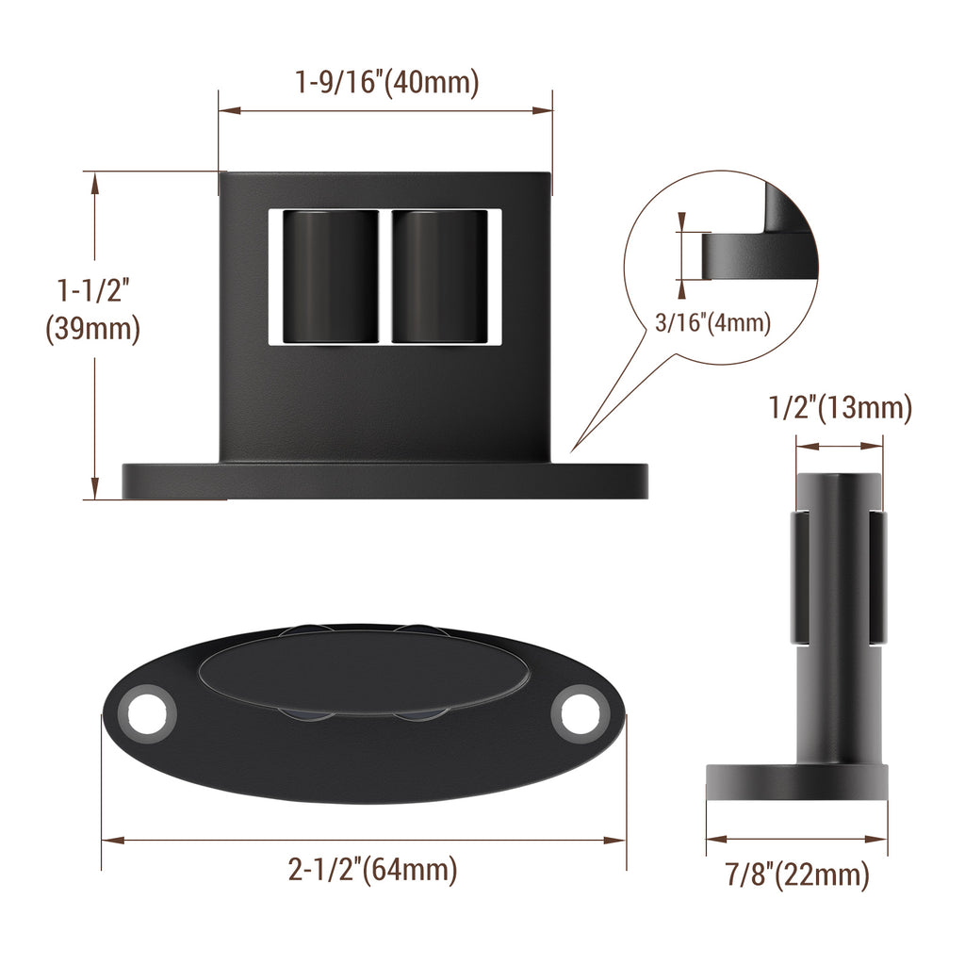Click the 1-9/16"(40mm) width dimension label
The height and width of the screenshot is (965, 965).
click(387, 83)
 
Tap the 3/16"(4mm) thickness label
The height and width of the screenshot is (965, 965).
click(713, 323)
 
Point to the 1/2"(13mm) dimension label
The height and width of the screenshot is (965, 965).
click(841, 408)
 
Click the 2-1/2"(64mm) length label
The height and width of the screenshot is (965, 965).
click(373, 869)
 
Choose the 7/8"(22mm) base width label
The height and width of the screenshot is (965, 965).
click(797, 875)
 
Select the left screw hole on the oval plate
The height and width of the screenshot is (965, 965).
click(147, 712)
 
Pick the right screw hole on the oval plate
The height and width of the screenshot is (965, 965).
click(579, 713)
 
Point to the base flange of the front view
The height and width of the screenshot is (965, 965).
click(384, 481)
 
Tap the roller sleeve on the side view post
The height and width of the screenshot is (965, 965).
click(838, 576)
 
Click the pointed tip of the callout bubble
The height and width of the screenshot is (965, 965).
click(572, 448)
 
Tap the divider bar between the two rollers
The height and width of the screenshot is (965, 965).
click(385, 275)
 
